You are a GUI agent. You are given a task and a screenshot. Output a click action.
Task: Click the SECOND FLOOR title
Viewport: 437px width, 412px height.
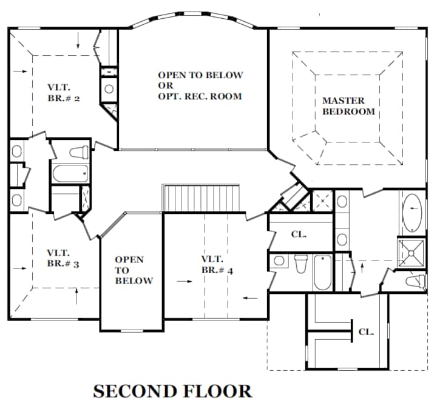pyautogui.click(x=172, y=391)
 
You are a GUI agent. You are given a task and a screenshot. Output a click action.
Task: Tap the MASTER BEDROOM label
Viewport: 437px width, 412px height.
pyautogui.click(x=348, y=106)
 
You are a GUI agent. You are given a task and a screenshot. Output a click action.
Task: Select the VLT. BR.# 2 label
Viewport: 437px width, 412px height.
pyautogui.click(x=64, y=93)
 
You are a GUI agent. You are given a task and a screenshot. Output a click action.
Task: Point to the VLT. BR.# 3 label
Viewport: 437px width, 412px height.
pyautogui.click(x=63, y=259)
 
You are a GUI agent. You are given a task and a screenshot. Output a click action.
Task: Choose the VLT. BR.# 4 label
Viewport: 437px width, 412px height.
pyautogui.click(x=217, y=265)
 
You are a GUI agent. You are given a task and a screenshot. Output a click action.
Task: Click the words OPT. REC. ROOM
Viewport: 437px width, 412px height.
pyautogui.click(x=200, y=96)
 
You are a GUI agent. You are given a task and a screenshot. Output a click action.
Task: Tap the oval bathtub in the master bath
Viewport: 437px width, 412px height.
pyautogui.click(x=412, y=213)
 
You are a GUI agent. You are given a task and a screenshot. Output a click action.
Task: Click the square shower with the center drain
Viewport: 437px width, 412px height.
pyautogui.click(x=412, y=253)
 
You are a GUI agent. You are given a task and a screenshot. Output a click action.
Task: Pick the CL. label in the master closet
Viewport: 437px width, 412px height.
pyautogui.click(x=366, y=332)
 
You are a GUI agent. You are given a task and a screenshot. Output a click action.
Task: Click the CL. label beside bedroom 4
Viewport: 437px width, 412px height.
pyautogui.click(x=299, y=234)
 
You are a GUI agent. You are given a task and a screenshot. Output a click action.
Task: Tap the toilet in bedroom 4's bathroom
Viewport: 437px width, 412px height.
pyautogui.click(x=300, y=264)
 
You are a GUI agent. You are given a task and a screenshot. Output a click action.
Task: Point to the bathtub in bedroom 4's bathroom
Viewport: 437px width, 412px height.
pyautogui.click(x=323, y=273)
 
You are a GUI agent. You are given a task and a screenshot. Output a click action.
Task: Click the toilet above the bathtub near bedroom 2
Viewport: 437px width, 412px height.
pyautogui.click(x=79, y=153)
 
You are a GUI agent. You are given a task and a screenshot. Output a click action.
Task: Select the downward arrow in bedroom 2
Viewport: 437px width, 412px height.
pyautogui.click(x=78, y=41)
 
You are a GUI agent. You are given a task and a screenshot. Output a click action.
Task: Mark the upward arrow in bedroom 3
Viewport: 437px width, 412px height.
pyautogui.click(x=76, y=297)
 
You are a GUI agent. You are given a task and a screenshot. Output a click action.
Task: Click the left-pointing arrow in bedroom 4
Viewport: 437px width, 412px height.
pyautogui.click(x=250, y=298)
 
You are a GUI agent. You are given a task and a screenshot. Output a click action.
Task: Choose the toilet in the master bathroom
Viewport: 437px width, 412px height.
pyautogui.click(x=415, y=280)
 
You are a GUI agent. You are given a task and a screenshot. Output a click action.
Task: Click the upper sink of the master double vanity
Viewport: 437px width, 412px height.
pyautogui.click(x=342, y=201)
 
